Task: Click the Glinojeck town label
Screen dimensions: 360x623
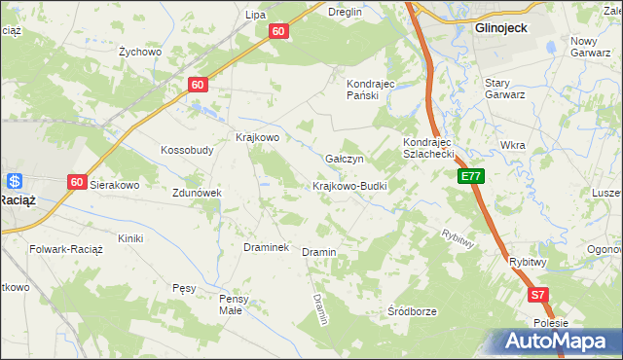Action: pyautogui.click(x=501, y=28)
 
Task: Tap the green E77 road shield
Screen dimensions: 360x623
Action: pyautogui.click(x=471, y=176)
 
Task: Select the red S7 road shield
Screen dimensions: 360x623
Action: pyautogui.click(x=538, y=295)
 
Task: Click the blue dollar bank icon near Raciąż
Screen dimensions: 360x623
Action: pyautogui.click(x=15, y=181)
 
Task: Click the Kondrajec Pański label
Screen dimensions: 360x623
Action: pyautogui.click(x=370, y=90)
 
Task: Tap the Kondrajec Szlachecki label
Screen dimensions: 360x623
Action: pyautogui.click(x=429, y=148)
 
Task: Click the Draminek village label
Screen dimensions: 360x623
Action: pyautogui.click(x=266, y=248)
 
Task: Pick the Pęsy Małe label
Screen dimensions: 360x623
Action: pyautogui.click(x=235, y=305)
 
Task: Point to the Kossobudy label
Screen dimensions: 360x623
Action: pyautogui.click(x=187, y=151)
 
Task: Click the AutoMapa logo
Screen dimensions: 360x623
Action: pyautogui.click(x=560, y=342)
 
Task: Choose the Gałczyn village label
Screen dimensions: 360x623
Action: pyautogui.click(x=344, y=159)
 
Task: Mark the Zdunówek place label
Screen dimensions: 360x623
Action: pyautogui.click(x=199, y=193)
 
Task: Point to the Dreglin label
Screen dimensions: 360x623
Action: pyautogui.click(x=345, y=13)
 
